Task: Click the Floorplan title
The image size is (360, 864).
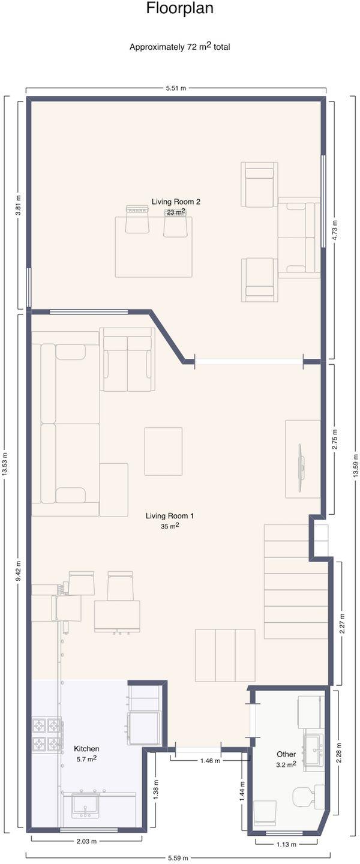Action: [x=179, y=8]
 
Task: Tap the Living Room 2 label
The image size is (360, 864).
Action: [x=176, y=202]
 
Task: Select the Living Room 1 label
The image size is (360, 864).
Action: [x=170, y=516]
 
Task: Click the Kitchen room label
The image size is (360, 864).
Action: [x=86, y=749]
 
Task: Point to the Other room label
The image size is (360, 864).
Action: [x=286, y=754]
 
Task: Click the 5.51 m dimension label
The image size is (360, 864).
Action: [x=176, y=88]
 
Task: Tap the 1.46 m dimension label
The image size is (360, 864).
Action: [x=210, y=761]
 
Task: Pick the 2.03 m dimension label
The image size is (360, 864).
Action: [x=86, y=841]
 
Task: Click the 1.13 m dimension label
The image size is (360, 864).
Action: [x=286, y=844]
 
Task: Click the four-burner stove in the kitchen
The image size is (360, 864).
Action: [x=46, y=732]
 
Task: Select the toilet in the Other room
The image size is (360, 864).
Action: [x=308, y=796]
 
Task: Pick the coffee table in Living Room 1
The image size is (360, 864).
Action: [x=163, y=451]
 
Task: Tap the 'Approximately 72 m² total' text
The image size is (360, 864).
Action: [x=180, y=47]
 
